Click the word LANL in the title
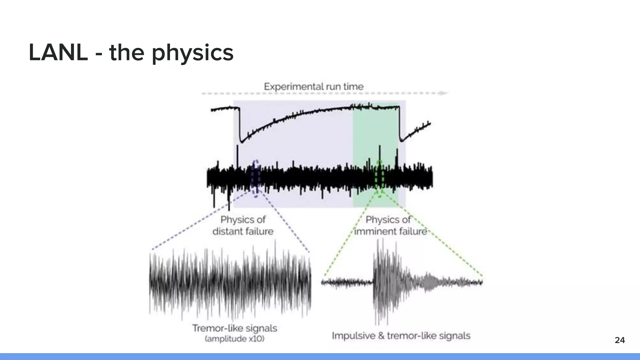58,52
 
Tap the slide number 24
620,340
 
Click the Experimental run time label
313,87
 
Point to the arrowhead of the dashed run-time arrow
443,93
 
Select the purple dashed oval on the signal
256,178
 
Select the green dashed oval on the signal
379,178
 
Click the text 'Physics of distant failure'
243,225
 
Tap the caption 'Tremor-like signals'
234,328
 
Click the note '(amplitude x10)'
234,339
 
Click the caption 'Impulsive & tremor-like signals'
401,336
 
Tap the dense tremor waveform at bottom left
230,281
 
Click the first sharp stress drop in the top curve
240,125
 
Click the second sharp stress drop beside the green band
400,125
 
